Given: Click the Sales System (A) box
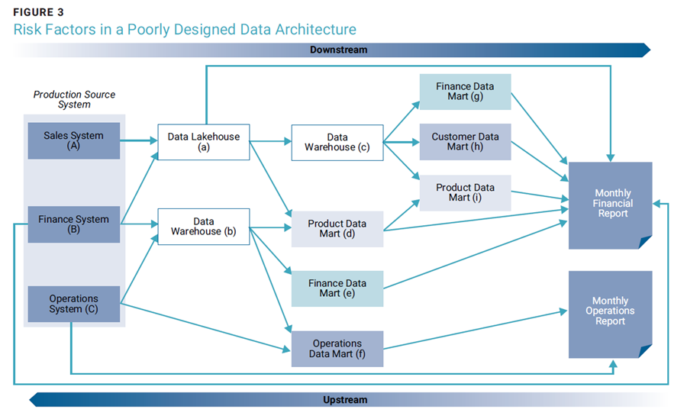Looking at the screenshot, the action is [73, 140].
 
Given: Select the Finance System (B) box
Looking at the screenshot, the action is [73, 224].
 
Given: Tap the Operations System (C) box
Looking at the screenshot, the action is [73, 305].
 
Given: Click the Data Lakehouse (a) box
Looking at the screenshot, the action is [204, 142].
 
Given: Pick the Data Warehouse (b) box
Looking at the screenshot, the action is [204, 227].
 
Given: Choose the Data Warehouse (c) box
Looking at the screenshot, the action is [337, 143].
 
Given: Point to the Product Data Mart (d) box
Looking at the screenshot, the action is [337, 229].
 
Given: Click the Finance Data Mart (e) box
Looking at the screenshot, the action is [337, 288].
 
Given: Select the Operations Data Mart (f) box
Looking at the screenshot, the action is [337, 349].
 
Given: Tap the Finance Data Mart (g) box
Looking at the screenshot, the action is [466, 92].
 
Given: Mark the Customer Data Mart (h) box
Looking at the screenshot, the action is [466, 141].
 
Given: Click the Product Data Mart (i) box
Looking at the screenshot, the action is [466, 193].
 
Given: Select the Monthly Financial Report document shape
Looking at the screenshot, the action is [611, 205].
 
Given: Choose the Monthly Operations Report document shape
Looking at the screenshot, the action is [611, 314].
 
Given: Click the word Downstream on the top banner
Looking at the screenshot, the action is [339, 50].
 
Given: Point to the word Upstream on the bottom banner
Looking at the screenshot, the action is [345, 400].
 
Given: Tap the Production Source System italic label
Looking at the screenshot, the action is [74, 99].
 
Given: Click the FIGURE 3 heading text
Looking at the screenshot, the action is [39, 12].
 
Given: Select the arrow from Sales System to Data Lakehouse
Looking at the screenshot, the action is [139, 140].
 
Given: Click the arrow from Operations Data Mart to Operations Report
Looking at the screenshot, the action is [476, 330].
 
